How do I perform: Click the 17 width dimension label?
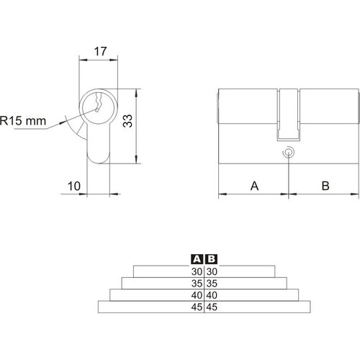(x=100, y=52)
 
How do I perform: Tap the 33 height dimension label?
(x=127, y=121)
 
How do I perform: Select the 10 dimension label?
(x=74, y=186)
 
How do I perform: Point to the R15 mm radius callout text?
(x=23, y=121)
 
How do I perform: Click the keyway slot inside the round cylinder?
(x=99, y=102)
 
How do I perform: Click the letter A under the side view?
(x=254, y=186)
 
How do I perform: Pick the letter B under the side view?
(x=325, y=186)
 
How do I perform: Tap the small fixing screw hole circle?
(x=288, y=153)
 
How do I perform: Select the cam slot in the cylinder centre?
(x=288, y=114)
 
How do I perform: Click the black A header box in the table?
(x=197, y=259)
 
